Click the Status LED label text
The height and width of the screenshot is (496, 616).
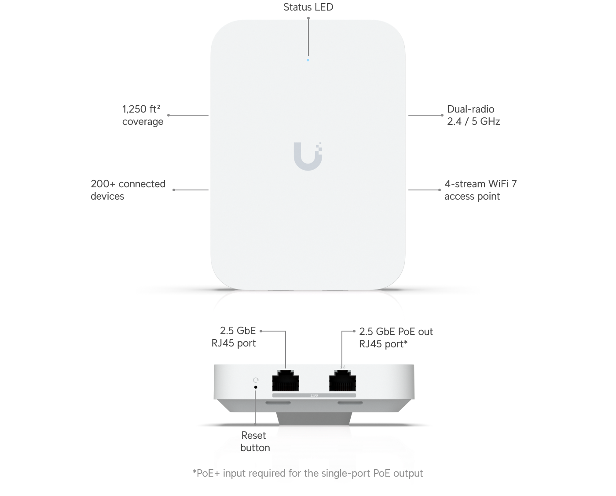[x=308, y=7]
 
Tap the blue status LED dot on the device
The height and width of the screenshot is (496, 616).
[x=308, y=60]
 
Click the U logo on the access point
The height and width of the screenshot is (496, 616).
[x=308, y=156]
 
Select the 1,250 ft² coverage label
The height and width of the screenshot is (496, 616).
[x=142, y=115]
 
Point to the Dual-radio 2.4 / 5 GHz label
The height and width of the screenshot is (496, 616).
[x=473, y=115]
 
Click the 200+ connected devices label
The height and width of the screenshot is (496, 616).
[x=128, y=190]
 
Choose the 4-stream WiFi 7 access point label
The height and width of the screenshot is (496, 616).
[x=480, y=190]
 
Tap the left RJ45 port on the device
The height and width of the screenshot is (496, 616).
[x=286, y=380]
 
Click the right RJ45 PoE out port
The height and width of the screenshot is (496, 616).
[x=342, y=380]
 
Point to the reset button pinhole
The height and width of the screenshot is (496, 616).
[x=256, y=387]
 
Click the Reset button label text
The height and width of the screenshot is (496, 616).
[x=255, y=441]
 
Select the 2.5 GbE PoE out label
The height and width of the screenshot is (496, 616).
[x=396, y=337]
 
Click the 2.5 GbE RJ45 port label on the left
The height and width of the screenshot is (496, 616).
[x=234, y=337]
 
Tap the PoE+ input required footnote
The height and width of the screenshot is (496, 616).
[x=308, y=473]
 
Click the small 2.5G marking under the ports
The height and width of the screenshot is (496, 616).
[x=314, y=395]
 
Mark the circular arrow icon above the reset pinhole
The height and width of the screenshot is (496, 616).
[x=256, y=379]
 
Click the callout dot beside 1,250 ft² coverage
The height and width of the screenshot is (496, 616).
[x=169, y=115]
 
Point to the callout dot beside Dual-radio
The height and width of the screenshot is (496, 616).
[x=442, y=115]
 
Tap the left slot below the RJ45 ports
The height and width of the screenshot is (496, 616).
[x=278, y=402]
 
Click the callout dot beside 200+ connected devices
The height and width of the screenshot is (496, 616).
[x=174, y=190]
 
